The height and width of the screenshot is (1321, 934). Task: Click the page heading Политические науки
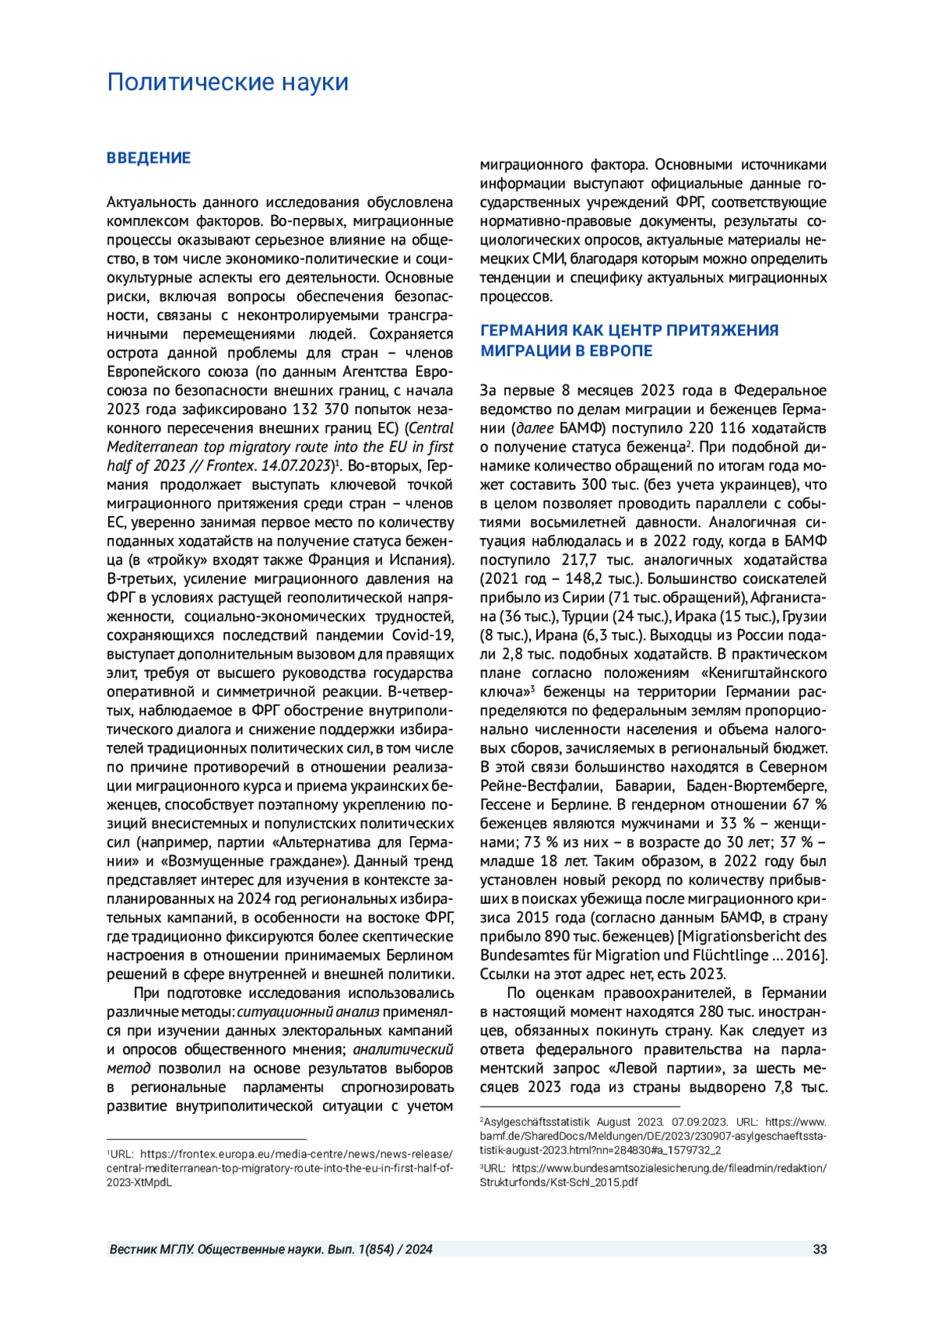point(227,82)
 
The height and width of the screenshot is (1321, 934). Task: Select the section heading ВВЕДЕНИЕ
point(149,158)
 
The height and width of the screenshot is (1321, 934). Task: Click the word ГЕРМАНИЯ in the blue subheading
point(524,330)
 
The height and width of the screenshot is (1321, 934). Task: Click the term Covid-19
point(423,635)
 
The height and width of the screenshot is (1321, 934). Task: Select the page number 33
point(820,1249)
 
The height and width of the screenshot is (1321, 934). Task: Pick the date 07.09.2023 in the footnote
point(699,1122)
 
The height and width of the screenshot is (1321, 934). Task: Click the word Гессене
point(505,805)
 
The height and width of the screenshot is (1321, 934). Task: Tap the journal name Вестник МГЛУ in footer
point(152,1249)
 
